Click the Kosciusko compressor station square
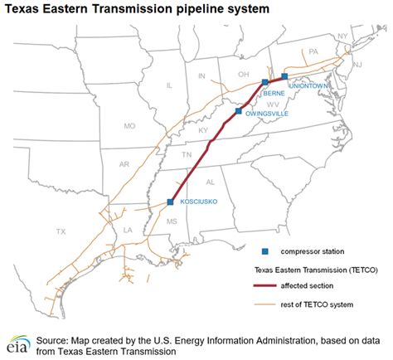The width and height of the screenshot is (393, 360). coord(170,202)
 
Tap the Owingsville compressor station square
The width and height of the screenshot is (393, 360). coord(238,111)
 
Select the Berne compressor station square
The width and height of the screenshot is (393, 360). coord(264,82)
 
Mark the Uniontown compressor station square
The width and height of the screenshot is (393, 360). coord(284,76)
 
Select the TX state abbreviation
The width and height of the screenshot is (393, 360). coord(61,231)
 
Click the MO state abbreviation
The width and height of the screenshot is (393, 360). coord(129,126)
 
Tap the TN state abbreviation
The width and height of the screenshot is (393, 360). coord(187,155)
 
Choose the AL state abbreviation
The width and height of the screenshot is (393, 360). coord(210,181)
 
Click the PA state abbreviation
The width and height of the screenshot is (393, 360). coord(313,51)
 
